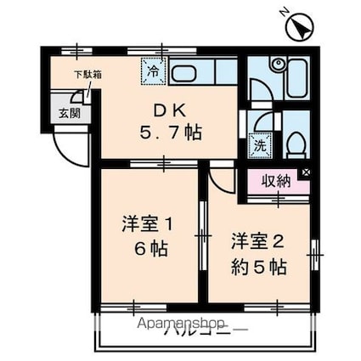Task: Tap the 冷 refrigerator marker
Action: tap(152, 71)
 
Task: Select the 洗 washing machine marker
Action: tap(259, 144)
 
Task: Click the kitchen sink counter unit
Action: tap(202, 72)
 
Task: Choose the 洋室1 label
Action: tap(147, 225)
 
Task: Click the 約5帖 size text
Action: tap(258, 265)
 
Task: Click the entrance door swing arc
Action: tap(71, 149)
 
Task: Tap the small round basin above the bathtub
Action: tap(277, 64)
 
